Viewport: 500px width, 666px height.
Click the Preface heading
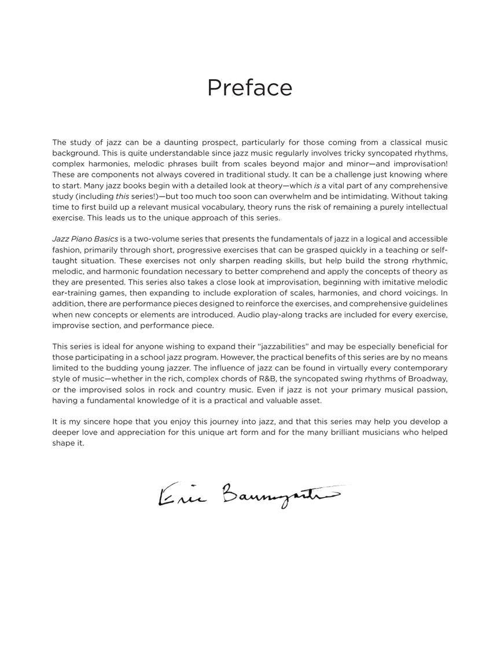(249, 88)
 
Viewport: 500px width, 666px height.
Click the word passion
(429, 390)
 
